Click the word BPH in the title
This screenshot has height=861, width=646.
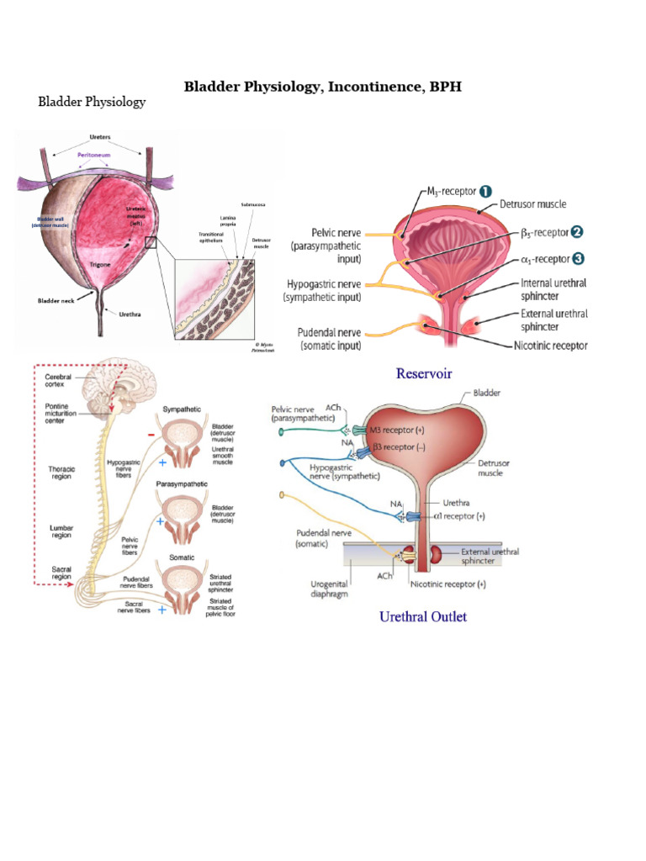click(443, 86)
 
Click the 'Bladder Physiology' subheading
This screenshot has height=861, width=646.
click(92, 102)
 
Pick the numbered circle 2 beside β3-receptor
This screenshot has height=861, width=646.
click(575, 231)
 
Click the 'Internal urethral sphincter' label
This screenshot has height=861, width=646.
click(553, 290)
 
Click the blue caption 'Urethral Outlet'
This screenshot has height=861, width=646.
click(423, 616)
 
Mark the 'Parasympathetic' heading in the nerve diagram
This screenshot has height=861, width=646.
click(183, 485)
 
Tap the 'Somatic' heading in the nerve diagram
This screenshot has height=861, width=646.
click(183, 557)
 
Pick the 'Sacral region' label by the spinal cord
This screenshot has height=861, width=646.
click(60, 573)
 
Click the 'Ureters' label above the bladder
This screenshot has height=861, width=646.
click(100, 137)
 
